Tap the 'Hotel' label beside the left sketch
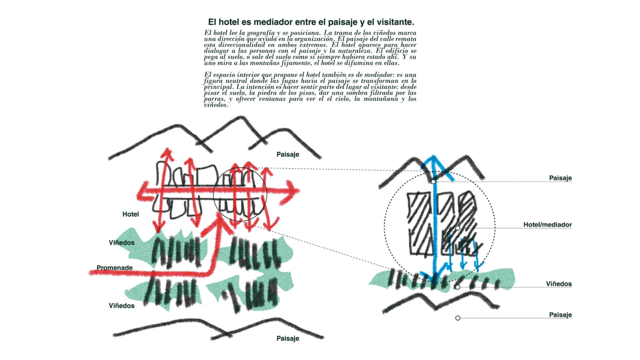tap(130, 214)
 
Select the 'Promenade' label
tap(115, 268)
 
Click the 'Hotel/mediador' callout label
tap(547, 225)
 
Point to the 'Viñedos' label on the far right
tap(559, 284)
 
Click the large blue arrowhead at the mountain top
tap(434, 167)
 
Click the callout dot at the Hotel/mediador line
tap(458, 228)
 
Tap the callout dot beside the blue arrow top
tap(433, 182)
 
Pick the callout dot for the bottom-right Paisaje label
tap(458, 318)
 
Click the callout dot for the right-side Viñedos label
tap(458, 287)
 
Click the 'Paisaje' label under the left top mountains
tap(288, 154)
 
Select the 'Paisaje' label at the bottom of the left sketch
tap(288, 338)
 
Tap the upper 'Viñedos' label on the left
tap(121, 242)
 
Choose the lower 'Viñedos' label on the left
tap(121, 306)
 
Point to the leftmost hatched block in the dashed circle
tap(419, 224)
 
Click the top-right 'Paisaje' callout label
tap(560, 178)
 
